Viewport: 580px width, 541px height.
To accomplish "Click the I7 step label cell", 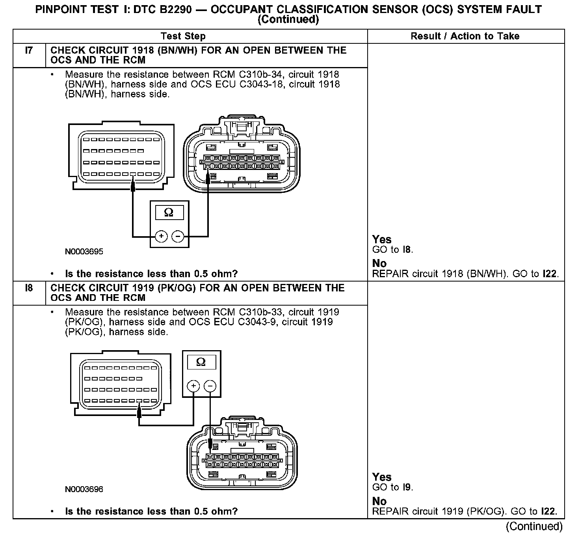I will [x=29, y=51].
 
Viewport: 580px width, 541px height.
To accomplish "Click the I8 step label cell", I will [x=29, y=288].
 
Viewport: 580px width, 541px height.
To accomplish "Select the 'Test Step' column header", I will [x=183, y=36].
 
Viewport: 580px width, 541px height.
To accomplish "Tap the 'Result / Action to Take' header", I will [x=465, y=36].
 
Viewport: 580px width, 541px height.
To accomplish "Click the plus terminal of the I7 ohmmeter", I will [x=161, y=236].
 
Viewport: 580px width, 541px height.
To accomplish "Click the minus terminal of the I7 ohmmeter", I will [x=178, y=236].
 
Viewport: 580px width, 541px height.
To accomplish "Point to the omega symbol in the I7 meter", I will [x=169, y=213].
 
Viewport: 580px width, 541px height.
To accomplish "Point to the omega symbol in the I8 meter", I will [x=201, y=362].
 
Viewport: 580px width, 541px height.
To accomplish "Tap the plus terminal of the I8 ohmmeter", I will [x=193, y=386].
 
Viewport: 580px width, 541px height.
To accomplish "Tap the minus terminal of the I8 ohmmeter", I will [x=210, y=386].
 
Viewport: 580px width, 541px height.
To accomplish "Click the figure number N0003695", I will [x=84, y=252].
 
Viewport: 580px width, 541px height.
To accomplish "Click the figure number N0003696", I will [x=84, y=489].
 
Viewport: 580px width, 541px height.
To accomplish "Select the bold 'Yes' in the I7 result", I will [x=382, y=239].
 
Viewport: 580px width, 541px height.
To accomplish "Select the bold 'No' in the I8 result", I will [x=379, y=501].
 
